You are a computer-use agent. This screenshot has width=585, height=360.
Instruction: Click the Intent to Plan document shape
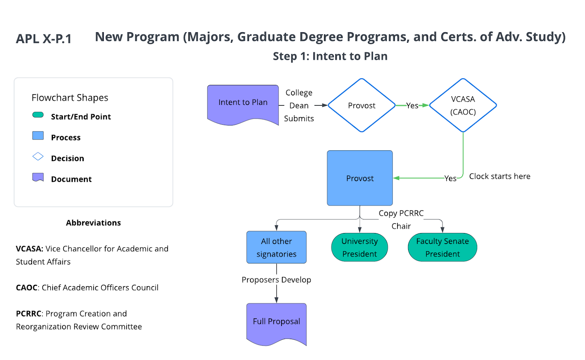coord(243,103)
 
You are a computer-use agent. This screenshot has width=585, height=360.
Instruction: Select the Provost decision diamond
coord(362,105)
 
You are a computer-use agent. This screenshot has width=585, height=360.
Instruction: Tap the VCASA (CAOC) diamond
coord(463,105)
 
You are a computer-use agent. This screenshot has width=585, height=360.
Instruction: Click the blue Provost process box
coord(360,178)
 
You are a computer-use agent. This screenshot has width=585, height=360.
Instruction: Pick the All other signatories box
coord(276,247)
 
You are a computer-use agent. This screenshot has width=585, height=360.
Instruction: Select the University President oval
coord(359,247)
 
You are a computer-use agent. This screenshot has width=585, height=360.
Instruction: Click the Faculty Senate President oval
coord(442,247)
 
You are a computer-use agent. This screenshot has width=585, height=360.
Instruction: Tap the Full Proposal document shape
coord(276,322)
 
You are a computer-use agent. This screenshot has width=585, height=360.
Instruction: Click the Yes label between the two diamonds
coord(412,106)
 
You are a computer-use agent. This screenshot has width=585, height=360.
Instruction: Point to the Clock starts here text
coord(499,176)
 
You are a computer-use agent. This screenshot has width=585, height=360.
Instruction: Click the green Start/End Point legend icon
coord(38,115)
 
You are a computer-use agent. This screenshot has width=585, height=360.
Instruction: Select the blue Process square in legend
coord(38,136)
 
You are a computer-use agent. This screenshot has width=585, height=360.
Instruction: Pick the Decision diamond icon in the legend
coord(38,157)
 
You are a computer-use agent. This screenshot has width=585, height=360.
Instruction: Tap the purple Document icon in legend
coord(38,177)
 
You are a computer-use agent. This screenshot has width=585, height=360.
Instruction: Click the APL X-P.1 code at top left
coord(44,39)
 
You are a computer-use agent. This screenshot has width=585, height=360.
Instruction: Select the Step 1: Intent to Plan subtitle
coord(330,56)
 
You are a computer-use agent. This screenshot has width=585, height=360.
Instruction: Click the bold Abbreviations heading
coord(93,223)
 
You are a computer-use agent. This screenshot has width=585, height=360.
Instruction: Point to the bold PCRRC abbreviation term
coord(28,314)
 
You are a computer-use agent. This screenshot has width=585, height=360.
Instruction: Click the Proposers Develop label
coord(276,280)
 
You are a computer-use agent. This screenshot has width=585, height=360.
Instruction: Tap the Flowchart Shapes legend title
coord(70,98)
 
